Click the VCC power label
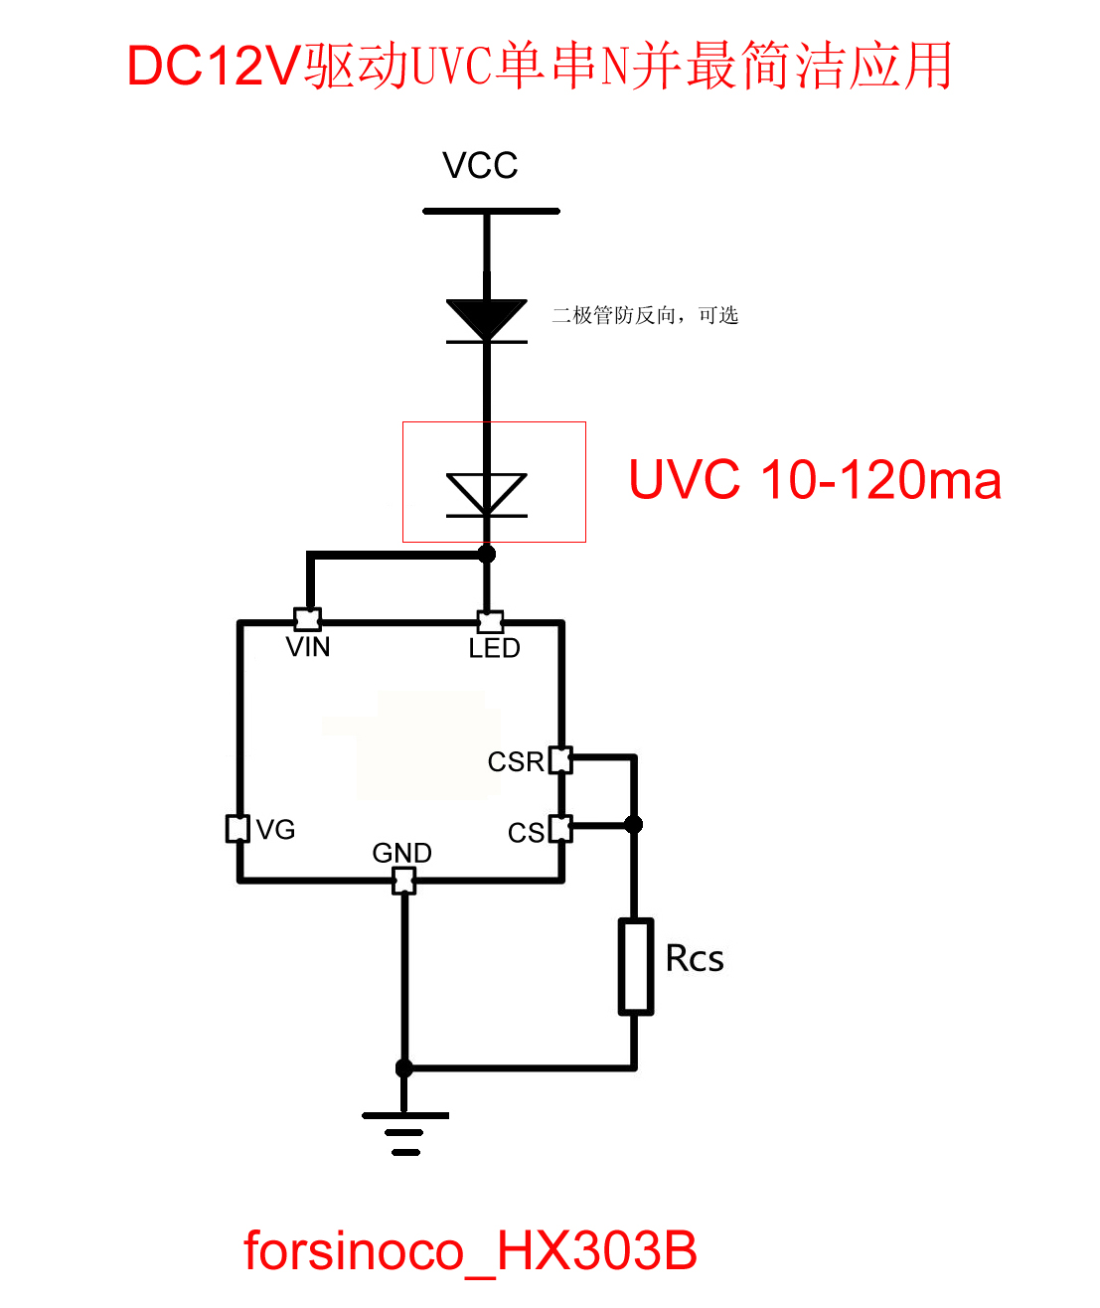tap(480, 166)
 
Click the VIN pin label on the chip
tap(308, 647)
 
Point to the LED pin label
tap(494, 648)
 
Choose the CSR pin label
tap(516, 762)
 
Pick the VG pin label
tap(275, 830)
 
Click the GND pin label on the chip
tap(401, 853)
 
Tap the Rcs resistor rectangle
tap(636, 966)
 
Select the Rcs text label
tap(695, 959)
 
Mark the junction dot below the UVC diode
tap(487, 554)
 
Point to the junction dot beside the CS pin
tap(634, 824)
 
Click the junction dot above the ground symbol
tap(404, 1068)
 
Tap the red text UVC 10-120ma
tap(815, 480)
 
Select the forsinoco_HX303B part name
tap(470, 1250)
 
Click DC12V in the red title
tap(214, 67)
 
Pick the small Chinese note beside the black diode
tap(645, 316)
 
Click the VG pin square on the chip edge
tap(237, 828)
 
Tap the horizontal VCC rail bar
tap(491, 211)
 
